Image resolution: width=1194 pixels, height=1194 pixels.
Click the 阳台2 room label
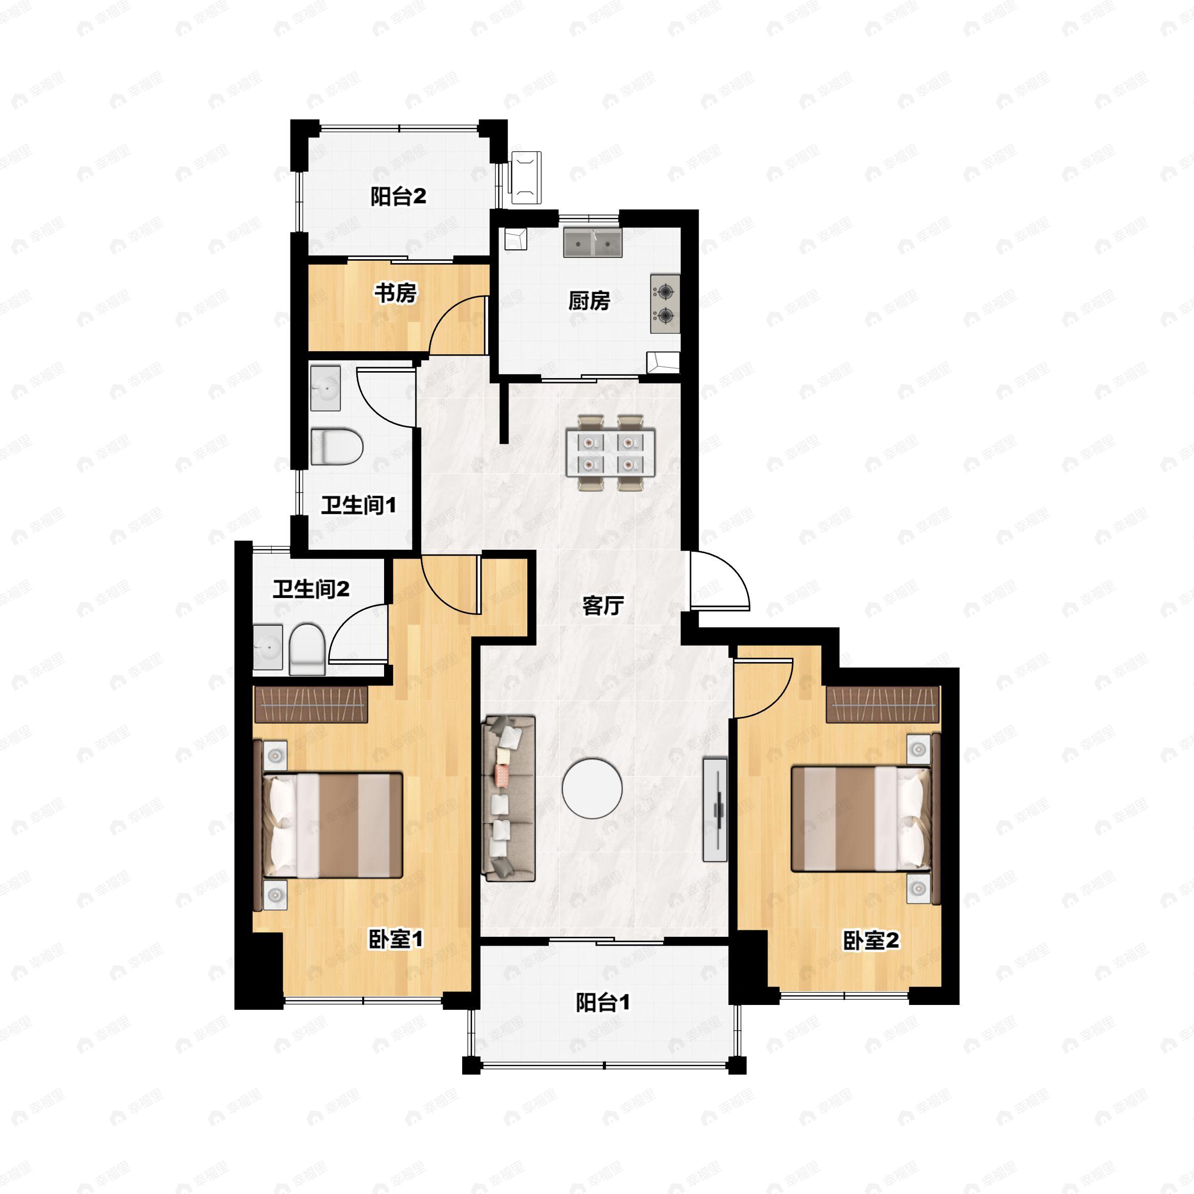click(398, 197)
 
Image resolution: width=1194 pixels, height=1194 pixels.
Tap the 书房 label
click(396, 293)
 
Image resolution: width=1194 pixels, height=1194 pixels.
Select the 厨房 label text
click(589, 301)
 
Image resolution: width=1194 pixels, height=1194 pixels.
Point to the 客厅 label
click(602, 605)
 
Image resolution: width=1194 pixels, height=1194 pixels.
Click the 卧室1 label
click(396, 939)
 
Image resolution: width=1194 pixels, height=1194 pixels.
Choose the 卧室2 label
click(871, 941)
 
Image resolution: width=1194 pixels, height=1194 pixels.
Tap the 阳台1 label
click(602, 1002)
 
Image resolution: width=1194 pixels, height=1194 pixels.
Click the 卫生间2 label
click(311, 589)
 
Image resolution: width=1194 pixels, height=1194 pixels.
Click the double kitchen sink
click(592, 243)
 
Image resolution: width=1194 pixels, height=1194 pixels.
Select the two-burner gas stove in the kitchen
click(665, 303)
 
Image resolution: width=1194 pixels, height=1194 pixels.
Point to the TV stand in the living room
click(715, 809)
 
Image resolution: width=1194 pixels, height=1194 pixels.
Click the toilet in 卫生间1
click(336, 447)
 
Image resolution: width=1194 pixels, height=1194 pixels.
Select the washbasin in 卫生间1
click(325, 388)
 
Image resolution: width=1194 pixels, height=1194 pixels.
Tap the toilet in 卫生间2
click(307, 649)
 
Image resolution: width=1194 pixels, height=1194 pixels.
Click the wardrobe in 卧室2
click(883, 704)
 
